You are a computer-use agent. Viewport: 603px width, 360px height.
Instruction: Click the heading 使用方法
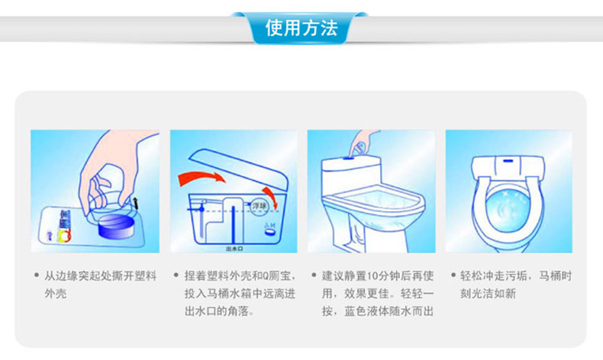coord(301,28)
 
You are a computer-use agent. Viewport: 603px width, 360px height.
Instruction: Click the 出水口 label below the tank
coord(234,249)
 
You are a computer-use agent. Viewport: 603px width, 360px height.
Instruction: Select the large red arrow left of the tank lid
coord(202,178)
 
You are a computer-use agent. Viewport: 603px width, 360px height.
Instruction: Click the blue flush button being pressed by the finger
coord(350,156)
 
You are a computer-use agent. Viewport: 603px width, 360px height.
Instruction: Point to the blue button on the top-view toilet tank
coord(508,160)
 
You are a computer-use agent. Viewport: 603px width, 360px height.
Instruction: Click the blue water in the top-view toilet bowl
coord(508,210)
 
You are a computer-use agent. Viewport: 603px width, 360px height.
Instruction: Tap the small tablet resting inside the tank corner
coord(269,230)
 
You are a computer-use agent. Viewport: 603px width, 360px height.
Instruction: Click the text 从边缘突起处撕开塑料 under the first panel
coord(100,276)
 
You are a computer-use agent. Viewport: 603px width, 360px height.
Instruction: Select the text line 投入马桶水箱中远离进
coord(240,294)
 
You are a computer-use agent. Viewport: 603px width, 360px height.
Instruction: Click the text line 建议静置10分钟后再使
coord(378,276)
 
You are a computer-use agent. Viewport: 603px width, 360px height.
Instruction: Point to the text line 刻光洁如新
coord(488,294)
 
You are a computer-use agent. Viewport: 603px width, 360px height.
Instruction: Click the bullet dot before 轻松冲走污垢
coord(453,275)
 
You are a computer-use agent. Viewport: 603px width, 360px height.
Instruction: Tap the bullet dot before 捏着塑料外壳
coord(176,275)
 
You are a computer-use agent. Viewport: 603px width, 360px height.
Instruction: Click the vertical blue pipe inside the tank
coord(233,225)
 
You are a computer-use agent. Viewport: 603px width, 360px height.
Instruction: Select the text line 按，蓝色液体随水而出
coord(378,311)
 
